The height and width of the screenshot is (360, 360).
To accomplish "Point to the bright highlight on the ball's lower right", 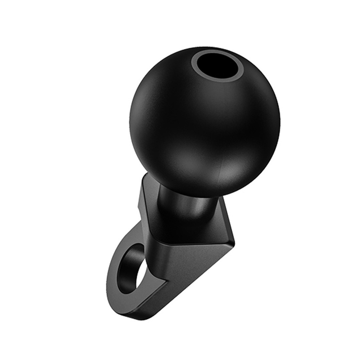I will pos(230,172).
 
